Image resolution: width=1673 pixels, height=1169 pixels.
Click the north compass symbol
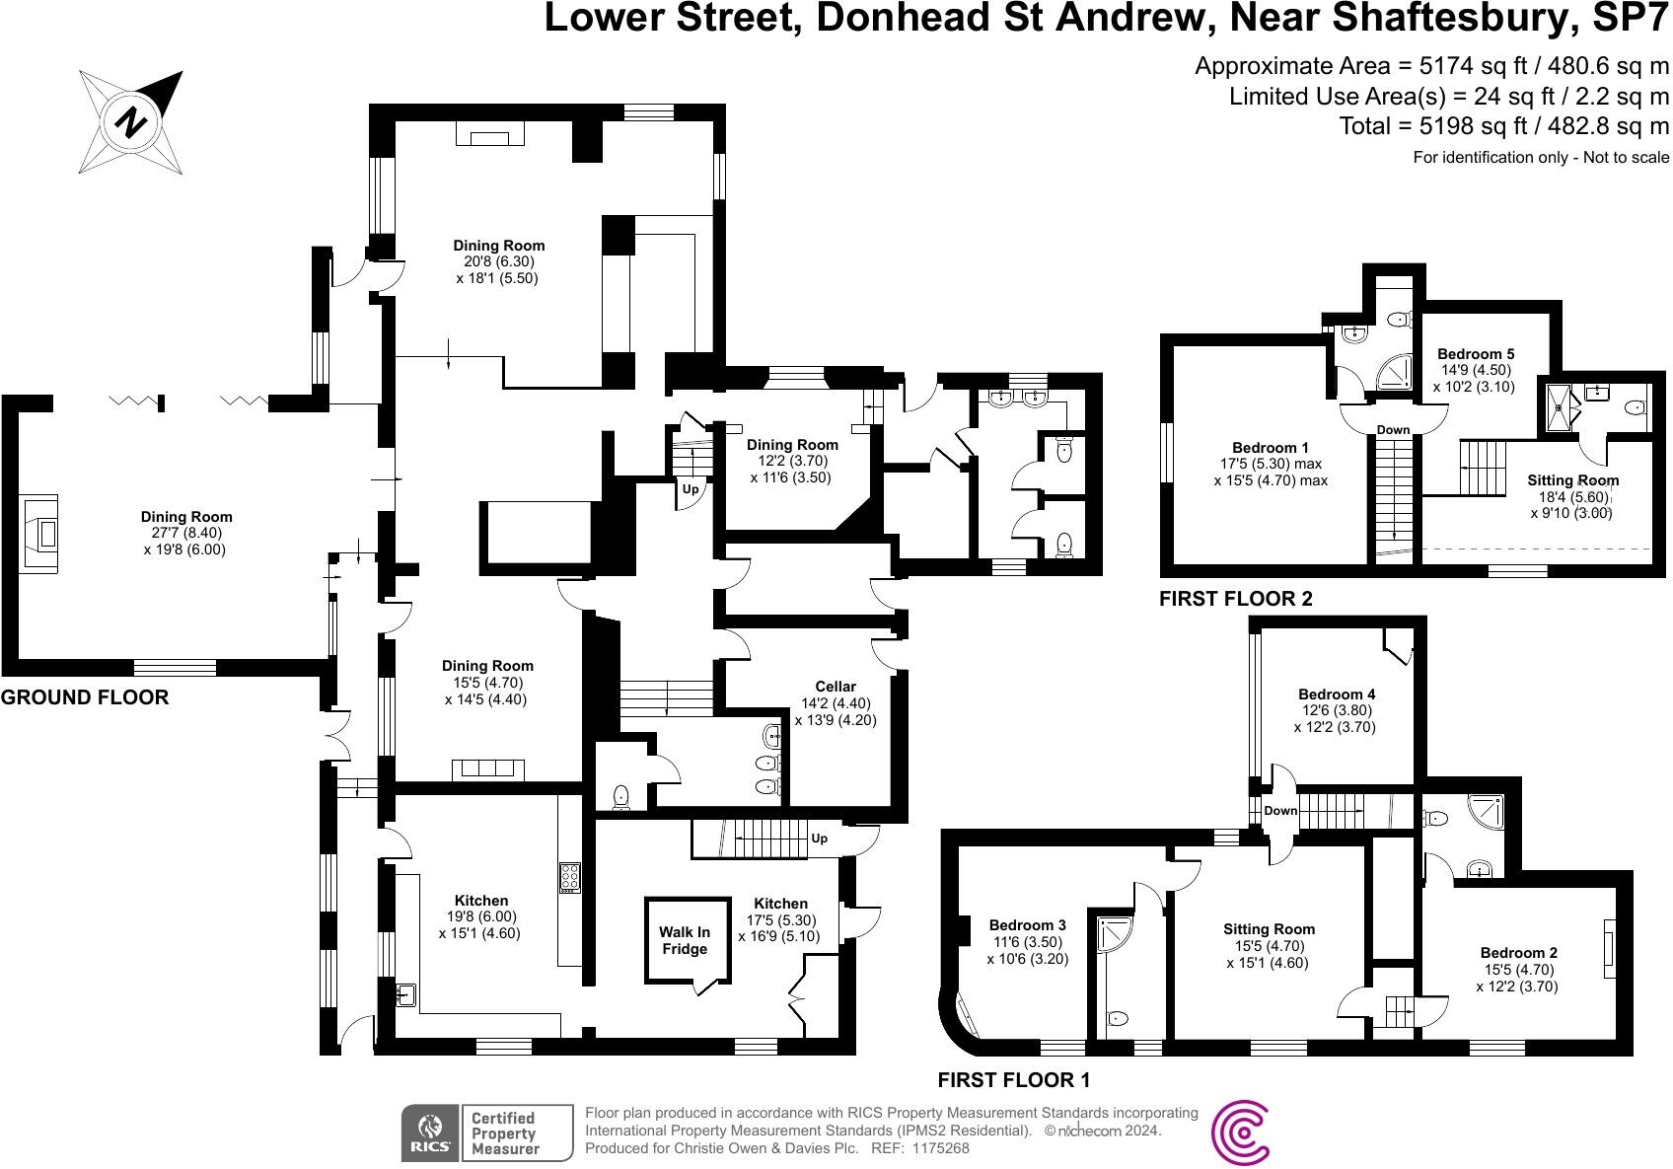click(131, 122)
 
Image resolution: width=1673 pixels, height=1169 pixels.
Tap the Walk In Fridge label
click(685, 940)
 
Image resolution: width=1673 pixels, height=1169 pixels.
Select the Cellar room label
click(836, 687)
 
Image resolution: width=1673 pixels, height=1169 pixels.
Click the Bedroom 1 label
click(1271, 447)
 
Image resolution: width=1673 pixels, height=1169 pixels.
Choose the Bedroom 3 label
click(1027, 925)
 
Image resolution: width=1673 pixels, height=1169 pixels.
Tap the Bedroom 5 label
click(1476, 354)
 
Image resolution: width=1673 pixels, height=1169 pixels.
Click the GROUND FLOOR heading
click(85, 697)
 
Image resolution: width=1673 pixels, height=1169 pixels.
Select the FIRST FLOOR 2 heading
click(1235, 599)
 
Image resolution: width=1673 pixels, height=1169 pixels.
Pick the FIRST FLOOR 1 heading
click(1013, 1079)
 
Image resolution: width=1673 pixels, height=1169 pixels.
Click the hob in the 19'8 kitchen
click(570, 877)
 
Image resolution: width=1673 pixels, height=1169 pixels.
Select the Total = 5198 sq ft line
click(1503, 126)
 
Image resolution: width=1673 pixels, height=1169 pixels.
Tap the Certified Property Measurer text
click(503, 1133)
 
